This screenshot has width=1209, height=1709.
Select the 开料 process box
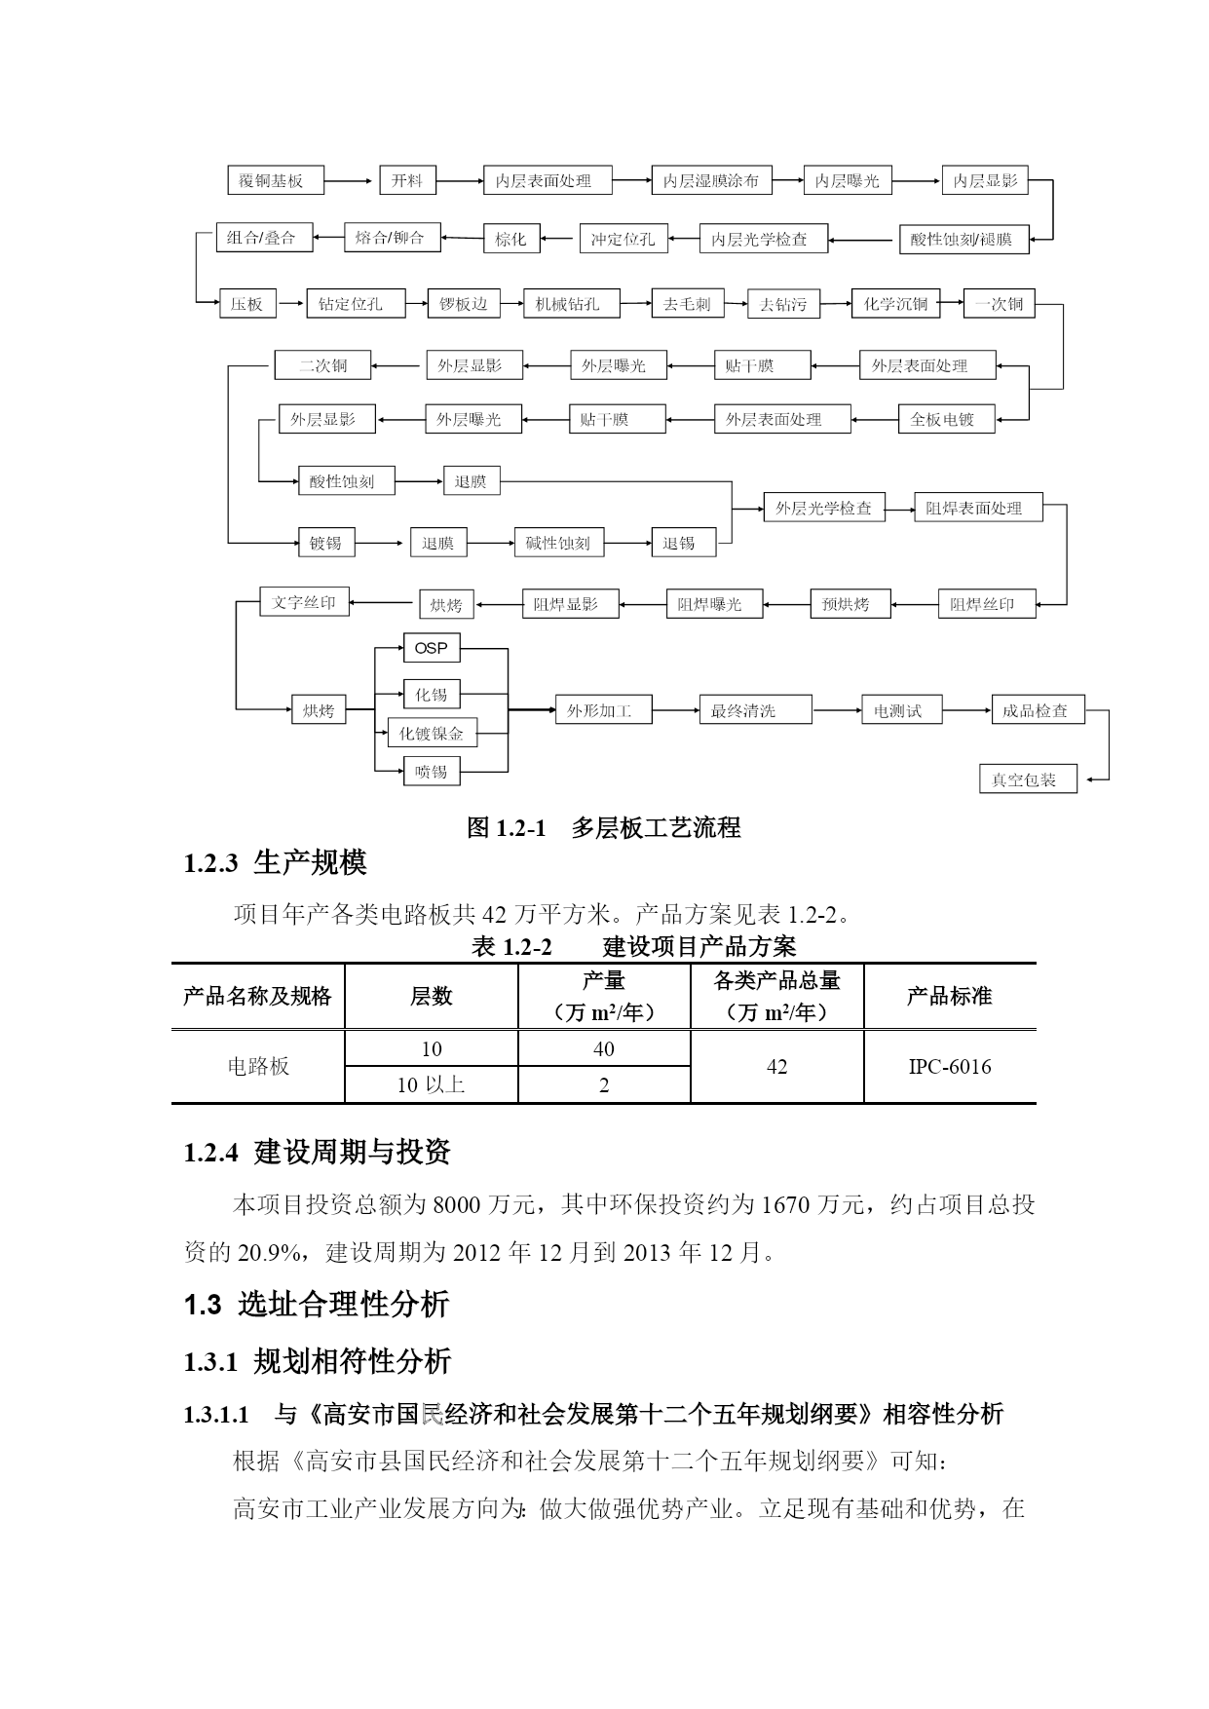pyautogui.click(x=407, y=180)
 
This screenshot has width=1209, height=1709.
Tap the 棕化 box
pyautogui.click(x=511, y=239)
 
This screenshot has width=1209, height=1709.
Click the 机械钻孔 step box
pyautogui.click(x=567, y=304)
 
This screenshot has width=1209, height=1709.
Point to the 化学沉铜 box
pyautogui.click(x=895, y=304)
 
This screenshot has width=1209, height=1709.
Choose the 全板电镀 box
pyautogui.click(x=942, y=420)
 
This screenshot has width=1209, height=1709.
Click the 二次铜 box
pyautogui.click(x=322, y=365)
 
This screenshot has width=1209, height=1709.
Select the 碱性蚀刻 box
pyautogui.click(x=558, y=543)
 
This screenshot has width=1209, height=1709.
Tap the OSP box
pyautogui.click(x=432, y=648)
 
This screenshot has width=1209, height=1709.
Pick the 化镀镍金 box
pyautogui.click(x=432, y=734)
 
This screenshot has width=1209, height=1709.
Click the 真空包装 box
pyautogui.click(x=1028, y=779)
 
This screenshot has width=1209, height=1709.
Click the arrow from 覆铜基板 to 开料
pyautogui.click(x=351, y=180)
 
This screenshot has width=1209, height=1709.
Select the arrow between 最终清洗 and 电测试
pyautogui.click(x=837, y=710)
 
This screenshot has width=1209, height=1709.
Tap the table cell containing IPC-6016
pyautogui.click(x=950, y=1067)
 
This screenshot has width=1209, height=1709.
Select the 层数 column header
pyautogui.click(x=432, y=996)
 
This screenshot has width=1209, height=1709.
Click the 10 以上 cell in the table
pyautogui.click(x=432, y=1084)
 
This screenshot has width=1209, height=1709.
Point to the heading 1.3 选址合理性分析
pyautogui.click(x=317, y=1304)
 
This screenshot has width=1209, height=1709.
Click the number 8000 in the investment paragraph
pyautogui.click(x=457, y=1205)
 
